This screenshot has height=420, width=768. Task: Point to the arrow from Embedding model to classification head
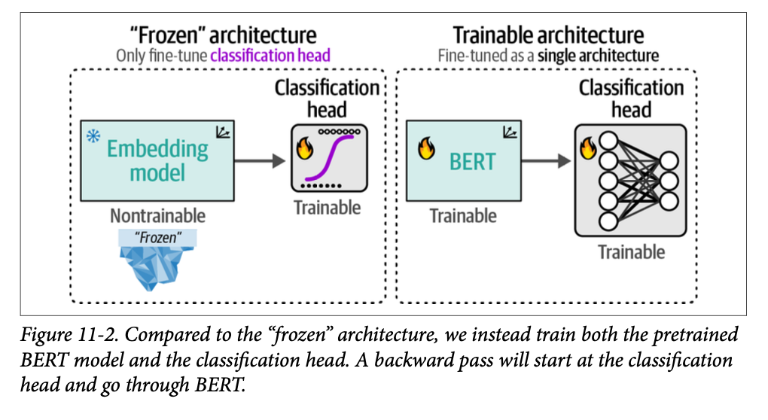260,160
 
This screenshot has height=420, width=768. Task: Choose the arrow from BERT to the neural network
544,160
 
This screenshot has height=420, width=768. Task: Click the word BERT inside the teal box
473,161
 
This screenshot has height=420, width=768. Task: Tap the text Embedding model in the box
157,160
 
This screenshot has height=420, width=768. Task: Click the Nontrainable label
157,216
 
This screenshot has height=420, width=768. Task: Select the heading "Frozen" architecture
224,35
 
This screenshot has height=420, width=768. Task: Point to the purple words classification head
270,55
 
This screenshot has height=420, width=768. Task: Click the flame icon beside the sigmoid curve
304,148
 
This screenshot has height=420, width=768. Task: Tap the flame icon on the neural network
587,149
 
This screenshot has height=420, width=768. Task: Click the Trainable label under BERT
463,216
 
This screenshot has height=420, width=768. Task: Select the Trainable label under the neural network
631,252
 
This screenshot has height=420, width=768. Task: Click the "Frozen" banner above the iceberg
157,238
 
